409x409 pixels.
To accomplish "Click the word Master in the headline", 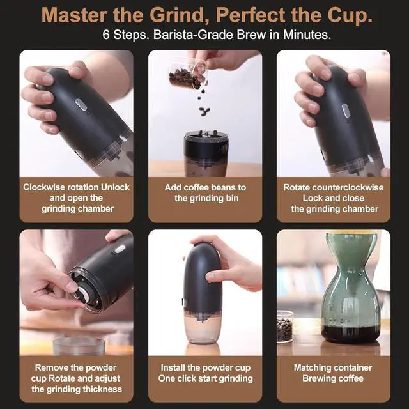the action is coord(74,15).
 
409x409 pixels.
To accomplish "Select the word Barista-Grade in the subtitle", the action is coord(193,35).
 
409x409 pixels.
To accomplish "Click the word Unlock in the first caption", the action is coord(115,187).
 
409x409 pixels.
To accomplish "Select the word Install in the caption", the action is coord(173,367).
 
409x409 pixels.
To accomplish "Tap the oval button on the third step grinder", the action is coord(346,111).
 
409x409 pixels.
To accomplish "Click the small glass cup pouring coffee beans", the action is coord(188,73).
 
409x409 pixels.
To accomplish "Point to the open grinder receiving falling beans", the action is coord(206,153).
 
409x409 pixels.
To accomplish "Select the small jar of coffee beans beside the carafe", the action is coord(284,326).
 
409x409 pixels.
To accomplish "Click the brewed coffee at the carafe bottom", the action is coord(350,334).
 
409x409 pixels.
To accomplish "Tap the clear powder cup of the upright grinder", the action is coord(202,327).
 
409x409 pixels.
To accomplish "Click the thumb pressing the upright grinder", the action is coord(213,277).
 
